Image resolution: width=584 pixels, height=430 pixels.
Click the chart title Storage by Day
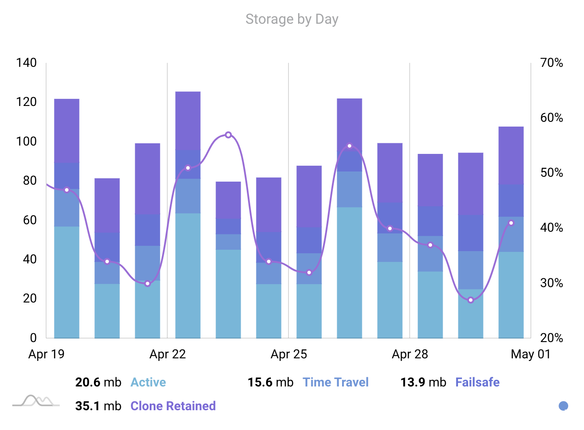(x=292, y=19)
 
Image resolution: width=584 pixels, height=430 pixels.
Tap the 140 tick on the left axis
(x=26, y=63)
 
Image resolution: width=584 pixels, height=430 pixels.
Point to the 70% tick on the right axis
(x=552, y=63)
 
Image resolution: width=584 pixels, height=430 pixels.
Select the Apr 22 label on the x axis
(x=167, y=354)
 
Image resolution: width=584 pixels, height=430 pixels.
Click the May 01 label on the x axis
(x=530, y=354)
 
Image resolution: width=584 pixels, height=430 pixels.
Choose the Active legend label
(x=148, y=383)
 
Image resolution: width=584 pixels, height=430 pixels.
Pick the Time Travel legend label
(x=335, y=383)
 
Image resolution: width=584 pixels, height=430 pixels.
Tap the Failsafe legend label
(x=477, y=383)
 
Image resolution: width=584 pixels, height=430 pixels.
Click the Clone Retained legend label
(x=173, y=406)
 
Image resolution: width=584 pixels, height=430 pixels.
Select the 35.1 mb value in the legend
(x=98, y=406)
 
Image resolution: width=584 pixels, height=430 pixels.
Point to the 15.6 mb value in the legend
(x=270, y=383)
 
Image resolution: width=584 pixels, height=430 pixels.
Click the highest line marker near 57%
(x=228, y=135)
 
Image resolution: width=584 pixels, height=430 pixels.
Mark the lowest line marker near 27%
(x=471, y=300)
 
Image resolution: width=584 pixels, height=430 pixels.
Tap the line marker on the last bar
(x=511, y=223)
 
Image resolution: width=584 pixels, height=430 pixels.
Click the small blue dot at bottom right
(x=563, y=406)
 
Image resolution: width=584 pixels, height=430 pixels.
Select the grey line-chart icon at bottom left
(x=36, y=401)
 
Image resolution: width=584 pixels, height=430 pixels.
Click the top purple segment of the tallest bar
(x=188, y=120)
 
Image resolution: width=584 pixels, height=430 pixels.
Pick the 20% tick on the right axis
(x=552, y=338)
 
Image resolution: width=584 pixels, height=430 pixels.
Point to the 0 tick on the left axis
(x=33, y=338)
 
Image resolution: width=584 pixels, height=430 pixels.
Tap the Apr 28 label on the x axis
(x=410, y=354)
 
